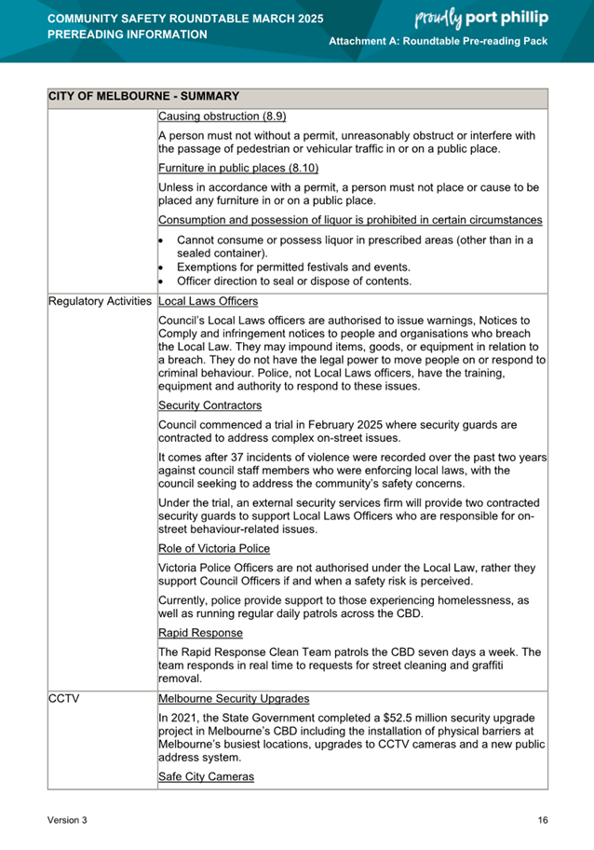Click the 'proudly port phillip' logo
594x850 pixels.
click(479, 18)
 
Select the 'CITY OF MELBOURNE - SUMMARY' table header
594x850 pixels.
click(143, 96)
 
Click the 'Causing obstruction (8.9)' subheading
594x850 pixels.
click(223, 117)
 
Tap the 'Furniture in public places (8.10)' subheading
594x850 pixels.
click(238, 168)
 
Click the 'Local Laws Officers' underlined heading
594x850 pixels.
click(209, 302)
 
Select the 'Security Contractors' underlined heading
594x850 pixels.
click(210, 405)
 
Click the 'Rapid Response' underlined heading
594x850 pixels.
click(201, 633)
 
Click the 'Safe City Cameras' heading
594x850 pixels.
click(206, 776)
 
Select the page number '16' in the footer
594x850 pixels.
click(542, 820)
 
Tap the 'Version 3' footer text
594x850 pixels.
click(68, 820)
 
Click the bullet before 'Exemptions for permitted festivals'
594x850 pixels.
click(161, 267)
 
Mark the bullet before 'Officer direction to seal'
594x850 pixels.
click(161, 281)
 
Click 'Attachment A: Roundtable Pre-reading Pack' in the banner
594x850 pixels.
click(439, 43)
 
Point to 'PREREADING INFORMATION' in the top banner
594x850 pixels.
click(128, 34)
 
